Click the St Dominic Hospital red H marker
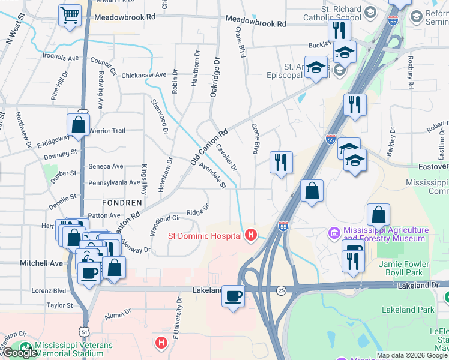coord(252,235)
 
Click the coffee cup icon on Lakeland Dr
coord(233,295)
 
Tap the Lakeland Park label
coord(408,310)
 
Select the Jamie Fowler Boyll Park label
coord(404,268)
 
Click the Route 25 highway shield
coord(281,290)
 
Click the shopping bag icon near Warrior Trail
coord(79,124)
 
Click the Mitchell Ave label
coord(41,263)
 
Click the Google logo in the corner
coord(19,353)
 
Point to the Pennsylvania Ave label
coord(114,182)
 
